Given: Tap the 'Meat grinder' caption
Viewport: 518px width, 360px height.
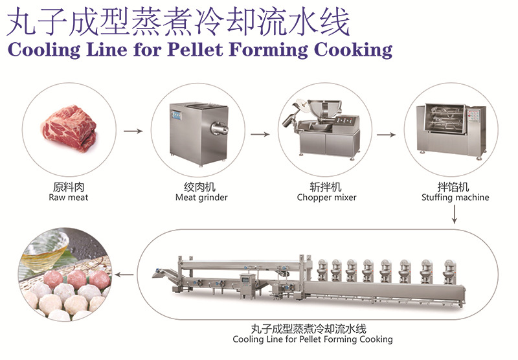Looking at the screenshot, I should tap(201, 197).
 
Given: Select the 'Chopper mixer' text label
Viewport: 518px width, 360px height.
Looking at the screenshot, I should tap(326, 197).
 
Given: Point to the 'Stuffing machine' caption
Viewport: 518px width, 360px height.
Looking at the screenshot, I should tap(455, 197).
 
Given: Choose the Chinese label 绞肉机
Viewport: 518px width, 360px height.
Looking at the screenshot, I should tap(201, 187).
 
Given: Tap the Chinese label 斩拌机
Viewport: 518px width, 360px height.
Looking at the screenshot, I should tap(326, 187).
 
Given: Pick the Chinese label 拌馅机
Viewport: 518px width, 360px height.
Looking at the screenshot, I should tap(455, 187).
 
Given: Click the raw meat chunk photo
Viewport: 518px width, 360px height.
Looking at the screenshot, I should tap(69, 129).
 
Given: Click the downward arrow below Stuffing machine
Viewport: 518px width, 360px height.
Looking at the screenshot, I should tap(455, 214).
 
